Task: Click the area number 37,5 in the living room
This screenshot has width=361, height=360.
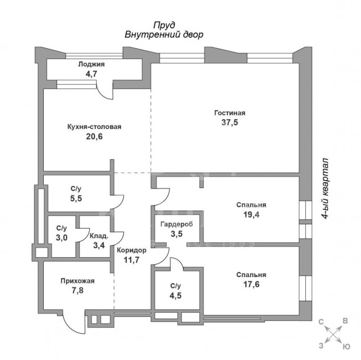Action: pyautogui.click(x=230, y=123)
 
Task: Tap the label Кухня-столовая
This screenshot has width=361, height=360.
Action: pyautogui.click(x=94, y=127)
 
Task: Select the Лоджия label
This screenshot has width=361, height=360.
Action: pyautogui.click(x=92, y=64)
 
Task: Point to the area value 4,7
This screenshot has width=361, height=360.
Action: pyautogui.click(x=92, y=74)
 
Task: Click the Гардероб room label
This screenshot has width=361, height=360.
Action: pyautogui.click(x=177, y=224)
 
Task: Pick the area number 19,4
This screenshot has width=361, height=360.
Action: pyautogui.click(x=251, y=215)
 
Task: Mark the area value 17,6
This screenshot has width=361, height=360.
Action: pyautogui.click(x=251, y=284)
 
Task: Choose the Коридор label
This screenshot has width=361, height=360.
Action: pyautogui.click(x=131, y=250)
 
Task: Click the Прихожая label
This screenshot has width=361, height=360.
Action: pyautogui.click(x=77, y=281)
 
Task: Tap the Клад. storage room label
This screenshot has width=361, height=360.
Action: pyautogui.click(x=99, y=236)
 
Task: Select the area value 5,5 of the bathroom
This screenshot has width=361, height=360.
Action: pyautogui.click(x=76, y=198)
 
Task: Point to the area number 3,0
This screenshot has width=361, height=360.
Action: pyautogui.click(x=61, y=238)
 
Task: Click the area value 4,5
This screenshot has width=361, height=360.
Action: pyautogui.click(x=176, y=296)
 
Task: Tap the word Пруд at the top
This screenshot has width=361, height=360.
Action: pyautogui.click(x=164, y=25)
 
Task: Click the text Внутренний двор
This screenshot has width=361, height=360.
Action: pyautogui.click(x=164, y=35)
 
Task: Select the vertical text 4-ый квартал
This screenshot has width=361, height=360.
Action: pyautogui.click(x=325, y=189)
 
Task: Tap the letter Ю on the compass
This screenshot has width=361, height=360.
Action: pyautogui.click(x=345, y=347)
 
